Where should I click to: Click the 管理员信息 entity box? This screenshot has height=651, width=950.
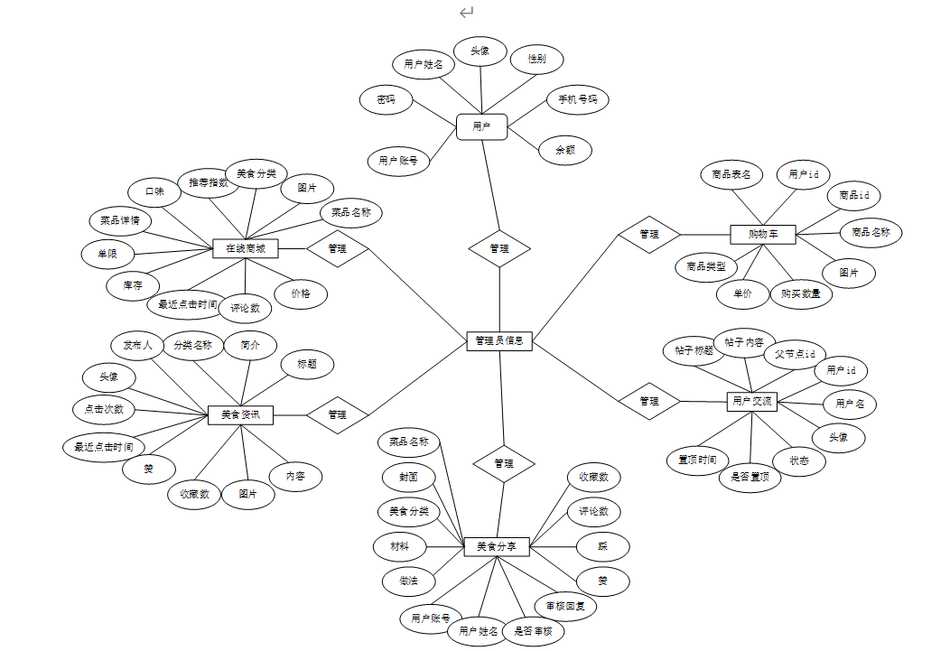click(499, 341)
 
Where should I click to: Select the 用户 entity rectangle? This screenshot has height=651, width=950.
click(481, 126)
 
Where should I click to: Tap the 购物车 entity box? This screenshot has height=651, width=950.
click(764, 235)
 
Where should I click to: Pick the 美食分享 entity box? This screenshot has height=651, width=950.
click(497, 546)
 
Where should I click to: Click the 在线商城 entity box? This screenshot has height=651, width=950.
click(246, 247)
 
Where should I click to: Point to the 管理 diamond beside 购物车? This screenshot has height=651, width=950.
click(648, 234)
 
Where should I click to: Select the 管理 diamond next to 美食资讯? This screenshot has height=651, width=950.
click(338, 414)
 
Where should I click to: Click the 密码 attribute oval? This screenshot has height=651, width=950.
click(386, 99)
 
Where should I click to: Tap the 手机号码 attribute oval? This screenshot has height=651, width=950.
click(577, 99)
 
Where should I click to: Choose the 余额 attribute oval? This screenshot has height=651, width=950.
click(565, 151)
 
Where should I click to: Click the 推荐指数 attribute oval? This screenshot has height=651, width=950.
click(209, 183)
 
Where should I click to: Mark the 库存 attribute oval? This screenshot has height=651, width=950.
click(133, 285)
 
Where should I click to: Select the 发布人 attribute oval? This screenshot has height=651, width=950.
click(137, 345)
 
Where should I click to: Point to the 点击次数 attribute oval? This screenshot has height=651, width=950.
click(104, 408)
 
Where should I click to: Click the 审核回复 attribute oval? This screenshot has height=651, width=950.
click(565, 605)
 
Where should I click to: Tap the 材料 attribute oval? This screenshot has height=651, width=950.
click(399, 546)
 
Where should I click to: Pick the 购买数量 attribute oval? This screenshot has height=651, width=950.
click(801, 293)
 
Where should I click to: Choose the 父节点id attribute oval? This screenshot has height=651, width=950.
click(795, 354)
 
